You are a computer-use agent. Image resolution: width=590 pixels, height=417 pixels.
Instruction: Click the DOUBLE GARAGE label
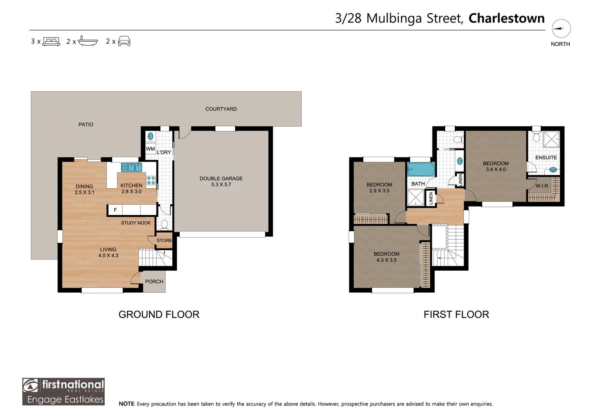221,178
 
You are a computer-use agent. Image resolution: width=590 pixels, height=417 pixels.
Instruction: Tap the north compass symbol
561,29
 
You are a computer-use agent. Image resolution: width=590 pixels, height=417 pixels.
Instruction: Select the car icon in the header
124,41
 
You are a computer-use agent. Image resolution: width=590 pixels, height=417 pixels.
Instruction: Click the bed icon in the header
51,41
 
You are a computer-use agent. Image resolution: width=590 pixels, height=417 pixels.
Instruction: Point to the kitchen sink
132,167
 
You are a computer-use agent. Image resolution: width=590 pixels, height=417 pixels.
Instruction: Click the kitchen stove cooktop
151,180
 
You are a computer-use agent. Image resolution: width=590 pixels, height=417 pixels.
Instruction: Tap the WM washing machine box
150,149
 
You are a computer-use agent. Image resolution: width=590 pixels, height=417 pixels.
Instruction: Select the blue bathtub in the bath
421,170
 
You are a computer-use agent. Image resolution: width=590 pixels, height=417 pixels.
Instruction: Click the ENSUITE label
546,158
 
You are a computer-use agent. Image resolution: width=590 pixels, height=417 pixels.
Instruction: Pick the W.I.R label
542,186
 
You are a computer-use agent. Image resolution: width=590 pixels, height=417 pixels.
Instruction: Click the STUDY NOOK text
136,223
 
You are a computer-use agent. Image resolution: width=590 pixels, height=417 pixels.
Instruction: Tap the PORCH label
154,281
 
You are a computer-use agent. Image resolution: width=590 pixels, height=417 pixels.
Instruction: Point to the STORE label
164,240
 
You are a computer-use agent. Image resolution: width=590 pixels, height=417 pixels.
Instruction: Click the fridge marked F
115,210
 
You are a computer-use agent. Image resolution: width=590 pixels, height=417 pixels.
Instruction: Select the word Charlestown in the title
506,18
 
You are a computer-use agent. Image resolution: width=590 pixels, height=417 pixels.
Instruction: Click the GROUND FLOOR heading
159,314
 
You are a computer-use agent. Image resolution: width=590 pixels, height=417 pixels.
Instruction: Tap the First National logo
63,391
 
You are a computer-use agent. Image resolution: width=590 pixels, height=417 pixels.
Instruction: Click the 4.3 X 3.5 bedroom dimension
386,260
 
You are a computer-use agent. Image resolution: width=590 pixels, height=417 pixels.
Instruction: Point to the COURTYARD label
221,109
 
